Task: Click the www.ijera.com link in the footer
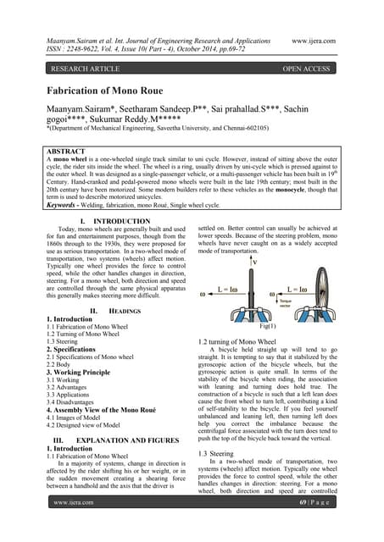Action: click(x=72, y=526)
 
